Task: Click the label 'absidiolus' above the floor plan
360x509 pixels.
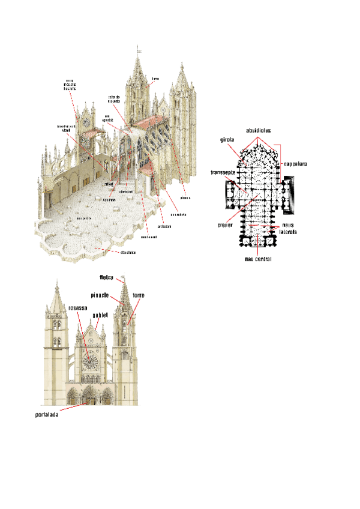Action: (x=259, y=130)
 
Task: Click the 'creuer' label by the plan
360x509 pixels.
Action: (x=225, y=226)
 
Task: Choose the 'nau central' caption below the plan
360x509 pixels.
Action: (x=258, y=259)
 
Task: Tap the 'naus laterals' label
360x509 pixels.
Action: (x=288, y=228)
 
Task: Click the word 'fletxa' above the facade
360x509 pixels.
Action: (x=107, y=278)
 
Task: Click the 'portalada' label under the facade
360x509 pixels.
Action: (x=46, y=414)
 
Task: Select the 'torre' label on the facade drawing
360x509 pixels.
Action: (x=139, y=295)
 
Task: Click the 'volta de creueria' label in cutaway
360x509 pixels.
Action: (x=114, y=99)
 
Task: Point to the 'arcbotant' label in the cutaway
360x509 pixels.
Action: (x=164, y=226)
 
